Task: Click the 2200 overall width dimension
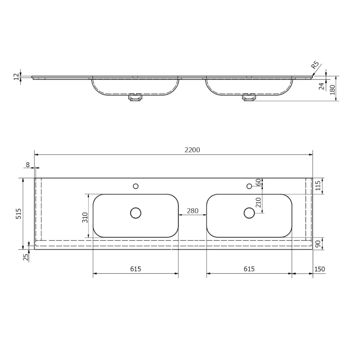click(193, 150)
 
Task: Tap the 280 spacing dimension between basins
click(193, 211)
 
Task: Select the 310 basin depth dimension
click(85, 217)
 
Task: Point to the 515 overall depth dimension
click(18, 213)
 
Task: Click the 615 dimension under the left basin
click(135, 269)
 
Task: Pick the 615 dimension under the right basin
click(249, 269)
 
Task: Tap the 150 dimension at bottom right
click(319, 269)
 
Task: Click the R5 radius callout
click(315, 65)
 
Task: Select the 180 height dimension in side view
click(333, 90)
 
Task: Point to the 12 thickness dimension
click(16, 76)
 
